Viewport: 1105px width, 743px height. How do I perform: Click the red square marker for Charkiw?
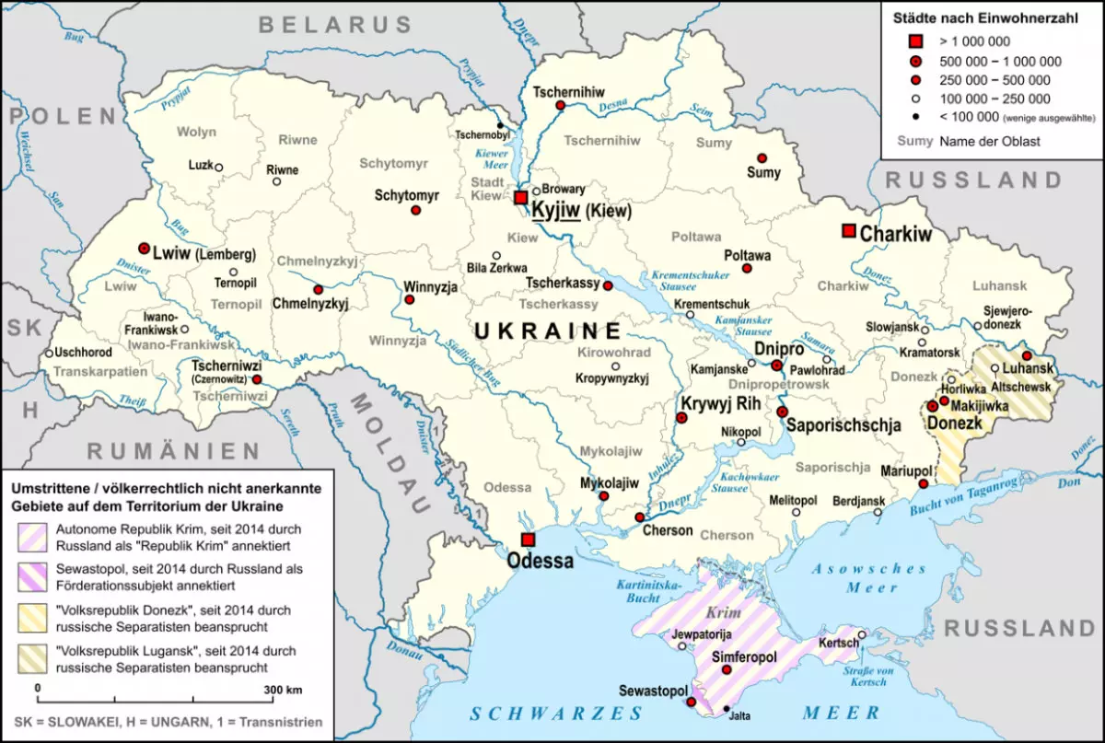pos(848,230)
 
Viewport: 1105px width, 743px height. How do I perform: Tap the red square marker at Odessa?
pos(528,540)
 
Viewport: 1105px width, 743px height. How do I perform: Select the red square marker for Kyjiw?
pos(521,198)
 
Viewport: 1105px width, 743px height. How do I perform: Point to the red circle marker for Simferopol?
pos(727,669)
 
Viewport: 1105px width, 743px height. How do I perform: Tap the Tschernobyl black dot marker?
pos(500,125)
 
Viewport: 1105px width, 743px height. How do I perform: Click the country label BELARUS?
pos(335,25)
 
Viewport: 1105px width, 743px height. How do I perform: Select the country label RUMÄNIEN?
pos(174,450)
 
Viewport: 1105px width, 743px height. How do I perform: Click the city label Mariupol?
pos(906,470)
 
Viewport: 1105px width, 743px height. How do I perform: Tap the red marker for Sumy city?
pos(762,158)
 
